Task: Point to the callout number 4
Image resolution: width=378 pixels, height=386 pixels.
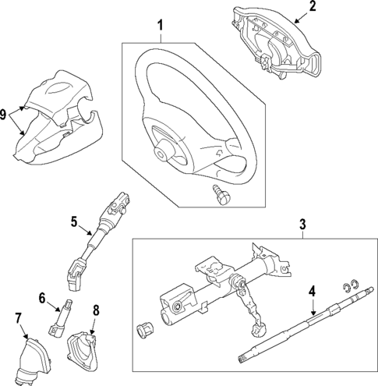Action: click(x=311, y=293)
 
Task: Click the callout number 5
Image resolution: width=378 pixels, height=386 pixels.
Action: click(x=75, y=222)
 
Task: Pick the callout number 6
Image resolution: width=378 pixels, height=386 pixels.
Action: click(x=44, y=296)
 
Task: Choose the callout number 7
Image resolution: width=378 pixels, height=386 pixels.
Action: click(x=18, y=317)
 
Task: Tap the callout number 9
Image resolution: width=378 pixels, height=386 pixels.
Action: click(x=5, y=114)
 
